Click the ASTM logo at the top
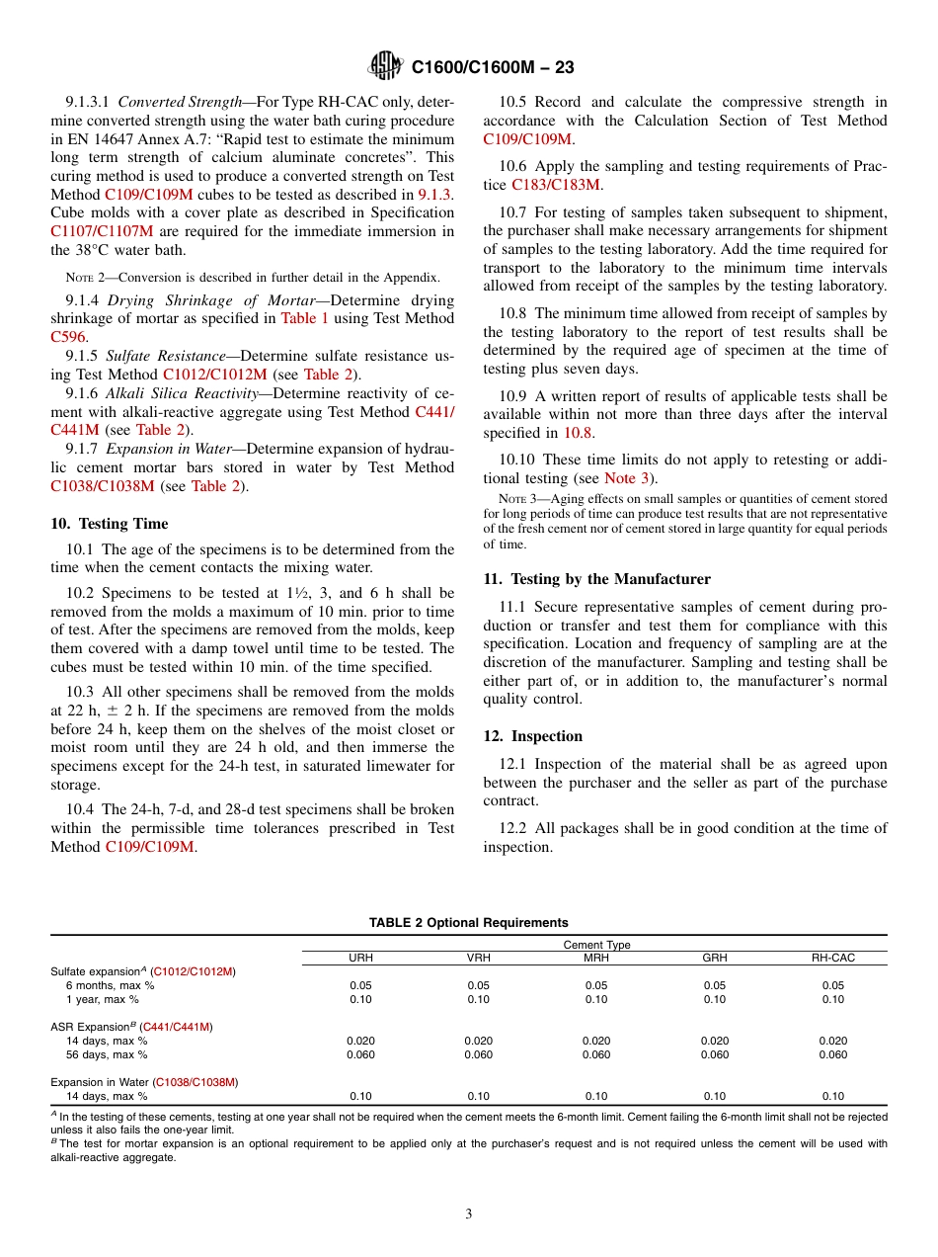point(385,67)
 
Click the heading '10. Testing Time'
point(110,524)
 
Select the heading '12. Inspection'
point(532,736)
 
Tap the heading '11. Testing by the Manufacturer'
point(596,579)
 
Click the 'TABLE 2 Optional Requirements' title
point(468,923)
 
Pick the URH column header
point(361,959)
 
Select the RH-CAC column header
point(832,959)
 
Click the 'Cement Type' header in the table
point(596,945)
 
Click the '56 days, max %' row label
point(107,1054)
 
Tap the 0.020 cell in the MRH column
point(596,1041)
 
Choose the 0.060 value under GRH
point(714,1054)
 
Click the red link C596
point(68,337)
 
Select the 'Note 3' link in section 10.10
point(627,478)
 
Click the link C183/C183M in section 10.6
point(556,185)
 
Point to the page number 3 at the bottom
point(469,1215)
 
